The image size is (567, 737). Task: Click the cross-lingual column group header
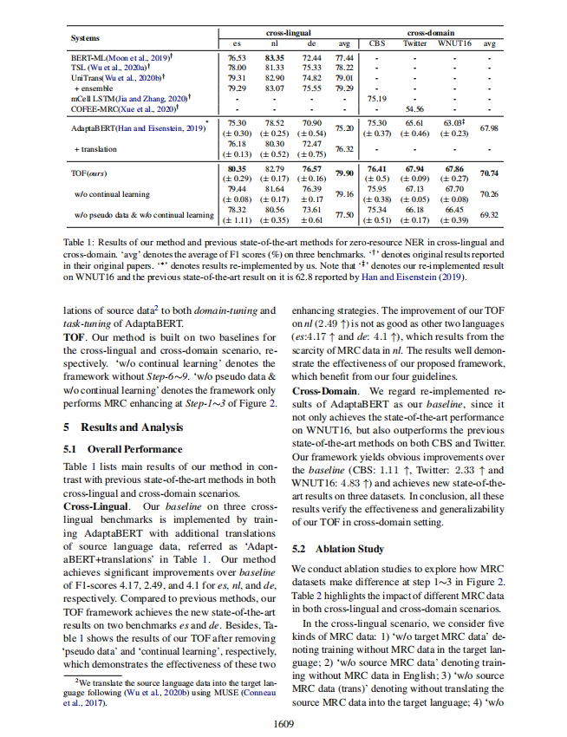pos(289,32)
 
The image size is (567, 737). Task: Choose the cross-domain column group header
pos(431,32)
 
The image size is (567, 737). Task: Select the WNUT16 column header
pos(454,42)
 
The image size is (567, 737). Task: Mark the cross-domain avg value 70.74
pos(489,173)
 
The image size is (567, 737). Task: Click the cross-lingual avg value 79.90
pos(343,173)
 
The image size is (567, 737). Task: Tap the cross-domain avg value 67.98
pos(489,127)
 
